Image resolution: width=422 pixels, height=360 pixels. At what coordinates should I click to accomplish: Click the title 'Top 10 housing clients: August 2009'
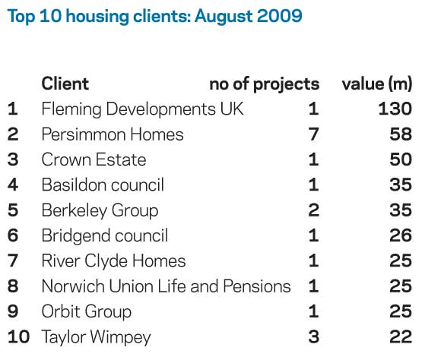[155, 16]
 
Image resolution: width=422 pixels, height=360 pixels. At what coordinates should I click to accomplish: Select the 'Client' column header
[65, 84]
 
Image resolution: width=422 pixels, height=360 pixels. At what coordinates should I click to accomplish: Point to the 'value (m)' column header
[377, 84]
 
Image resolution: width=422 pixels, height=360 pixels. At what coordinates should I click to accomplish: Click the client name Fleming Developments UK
[143, 109]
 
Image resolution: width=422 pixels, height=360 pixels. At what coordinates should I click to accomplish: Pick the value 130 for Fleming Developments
[395, 109]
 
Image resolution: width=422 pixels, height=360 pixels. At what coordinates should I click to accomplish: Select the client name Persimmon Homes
[113, 134]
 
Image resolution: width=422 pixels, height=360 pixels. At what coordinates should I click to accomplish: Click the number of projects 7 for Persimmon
[314, 134]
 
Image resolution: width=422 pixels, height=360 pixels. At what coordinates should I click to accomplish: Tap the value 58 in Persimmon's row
[401, 134]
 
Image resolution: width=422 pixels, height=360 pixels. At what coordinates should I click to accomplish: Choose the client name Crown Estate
[94, 159]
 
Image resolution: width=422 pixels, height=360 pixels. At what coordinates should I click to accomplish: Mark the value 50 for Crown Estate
[401, 159]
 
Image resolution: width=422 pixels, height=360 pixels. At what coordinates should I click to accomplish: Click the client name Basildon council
[103, 185]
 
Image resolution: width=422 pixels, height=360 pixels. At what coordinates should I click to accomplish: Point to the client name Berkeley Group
[100, 211]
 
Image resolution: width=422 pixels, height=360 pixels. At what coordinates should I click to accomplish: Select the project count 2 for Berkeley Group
[314, 210]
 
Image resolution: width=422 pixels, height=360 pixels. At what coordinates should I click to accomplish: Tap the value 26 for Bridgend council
[401, 235]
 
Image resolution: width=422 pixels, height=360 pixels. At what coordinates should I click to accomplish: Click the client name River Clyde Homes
[113, 261]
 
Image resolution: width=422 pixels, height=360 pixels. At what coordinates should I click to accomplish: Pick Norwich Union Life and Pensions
[166, 286]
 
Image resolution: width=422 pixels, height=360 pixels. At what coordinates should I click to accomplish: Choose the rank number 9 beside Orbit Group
[13, 311]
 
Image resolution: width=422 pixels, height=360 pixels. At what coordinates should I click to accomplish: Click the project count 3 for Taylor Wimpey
[314, 336]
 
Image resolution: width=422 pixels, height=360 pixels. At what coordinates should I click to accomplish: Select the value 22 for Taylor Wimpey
[401, 336]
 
